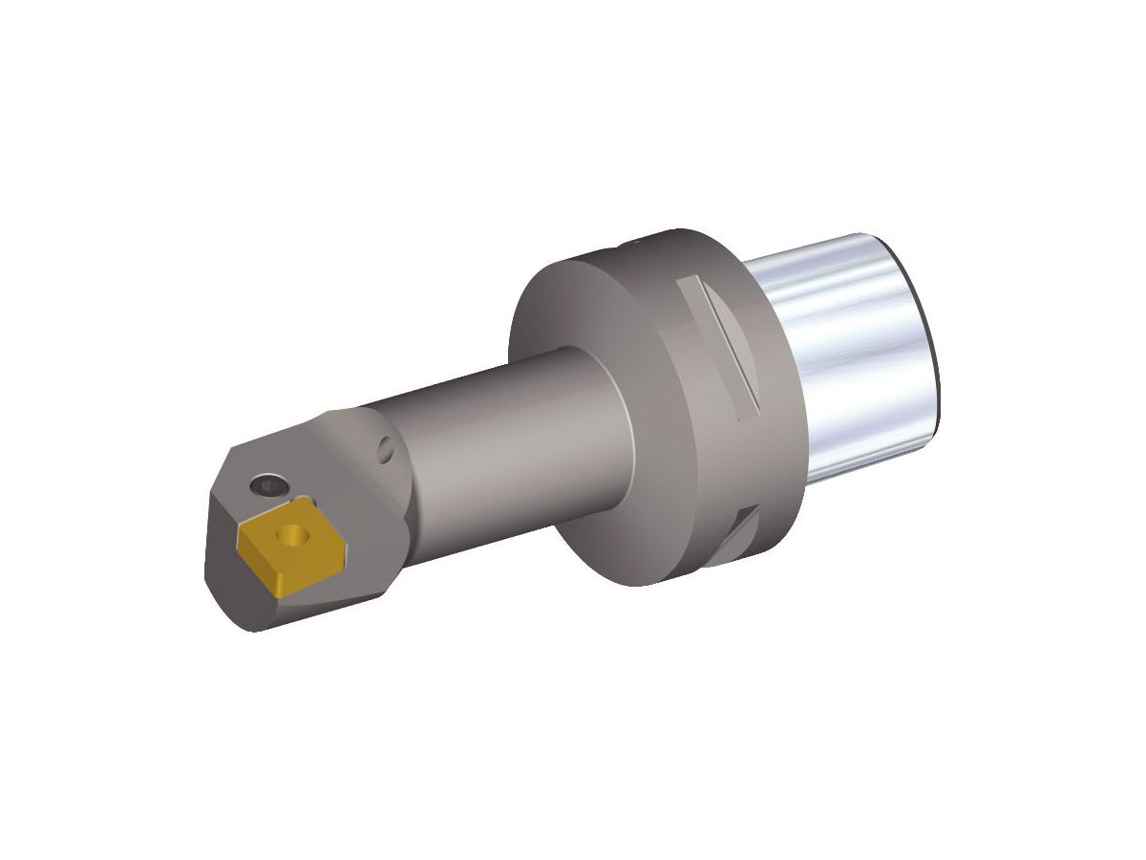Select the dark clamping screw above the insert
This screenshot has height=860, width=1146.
(268, 487)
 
